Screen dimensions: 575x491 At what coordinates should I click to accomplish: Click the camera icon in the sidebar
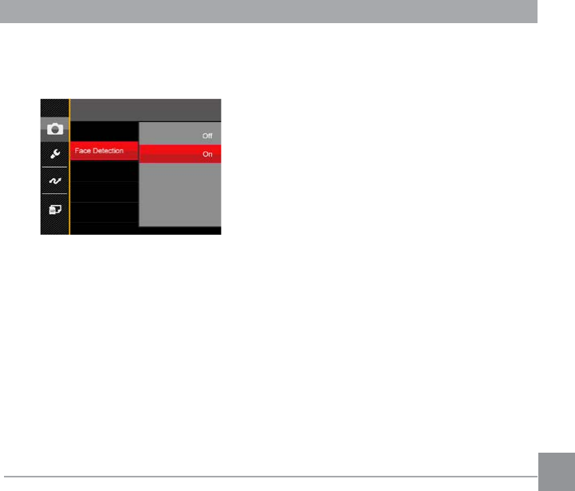[x=55, y=129]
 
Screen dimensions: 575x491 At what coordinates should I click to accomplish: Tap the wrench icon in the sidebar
[x=55, y=154]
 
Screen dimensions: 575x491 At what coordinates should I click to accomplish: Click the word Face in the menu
[x=82, y=151]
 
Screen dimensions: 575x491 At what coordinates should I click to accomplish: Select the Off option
[x=207, y=136]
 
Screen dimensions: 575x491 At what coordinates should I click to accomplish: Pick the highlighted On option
[x=207, y=155]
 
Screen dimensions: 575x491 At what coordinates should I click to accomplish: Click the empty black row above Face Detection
[x=104, y=130]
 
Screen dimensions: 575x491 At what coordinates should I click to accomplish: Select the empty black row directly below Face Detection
[x=104, y=170]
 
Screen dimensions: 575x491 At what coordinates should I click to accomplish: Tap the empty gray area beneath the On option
[x=179, y=196]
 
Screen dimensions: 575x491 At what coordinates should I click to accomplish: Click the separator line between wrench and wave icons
[x=55, y=167]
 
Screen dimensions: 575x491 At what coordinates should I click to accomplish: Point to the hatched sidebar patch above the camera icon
[x=55, y=108]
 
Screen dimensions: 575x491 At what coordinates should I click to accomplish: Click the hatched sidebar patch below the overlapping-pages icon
[x=55, y=226]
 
